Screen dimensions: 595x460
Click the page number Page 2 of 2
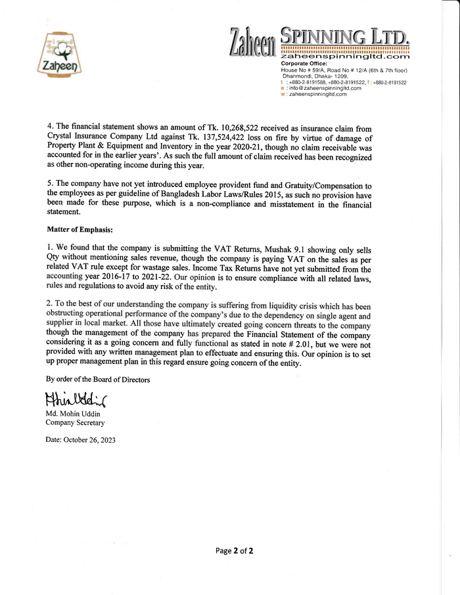click(234, 551)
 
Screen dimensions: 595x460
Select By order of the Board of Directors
click(97, 380)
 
